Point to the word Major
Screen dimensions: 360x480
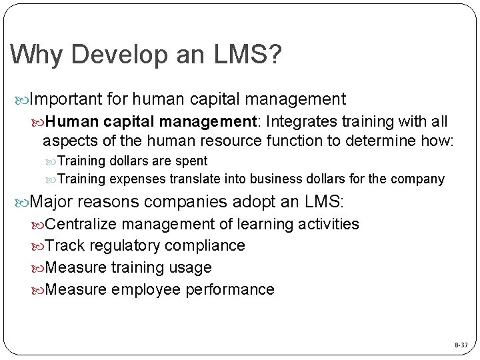(54, 201)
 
